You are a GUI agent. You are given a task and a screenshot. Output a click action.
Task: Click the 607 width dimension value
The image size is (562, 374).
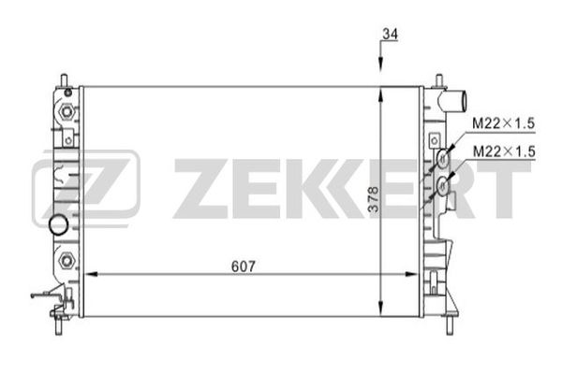244,266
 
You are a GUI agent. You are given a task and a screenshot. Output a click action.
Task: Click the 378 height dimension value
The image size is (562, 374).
374,200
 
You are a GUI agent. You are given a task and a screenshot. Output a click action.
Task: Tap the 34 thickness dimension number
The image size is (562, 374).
391,35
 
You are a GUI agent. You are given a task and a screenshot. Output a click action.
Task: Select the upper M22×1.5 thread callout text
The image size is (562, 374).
503,123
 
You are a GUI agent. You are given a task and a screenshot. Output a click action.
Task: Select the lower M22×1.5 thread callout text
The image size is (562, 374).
504,151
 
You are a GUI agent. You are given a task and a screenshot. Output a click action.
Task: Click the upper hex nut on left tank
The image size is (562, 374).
67,111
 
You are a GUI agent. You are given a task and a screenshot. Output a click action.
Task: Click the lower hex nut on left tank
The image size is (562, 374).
66,260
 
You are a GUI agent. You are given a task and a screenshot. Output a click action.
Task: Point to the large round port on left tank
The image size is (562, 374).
58,224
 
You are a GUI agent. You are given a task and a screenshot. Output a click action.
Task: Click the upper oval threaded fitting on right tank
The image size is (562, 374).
443,158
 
